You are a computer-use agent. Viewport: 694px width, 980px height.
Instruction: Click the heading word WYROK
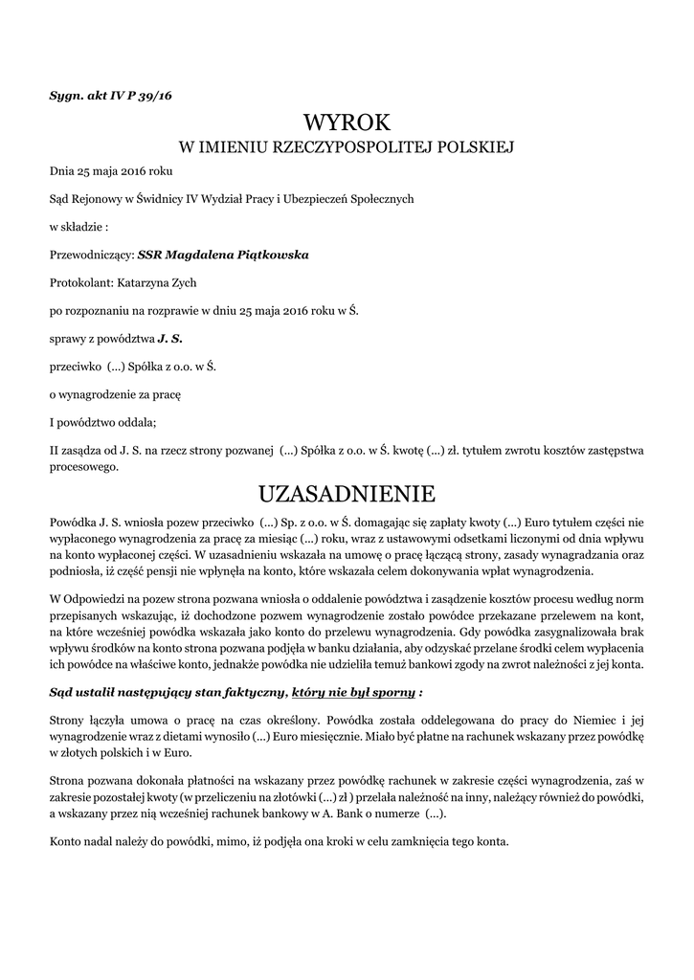[x=347, y=122]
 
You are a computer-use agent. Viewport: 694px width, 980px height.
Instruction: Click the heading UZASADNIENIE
[x=347, y=494]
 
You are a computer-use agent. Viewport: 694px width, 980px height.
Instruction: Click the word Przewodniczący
[x=91, y=256]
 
